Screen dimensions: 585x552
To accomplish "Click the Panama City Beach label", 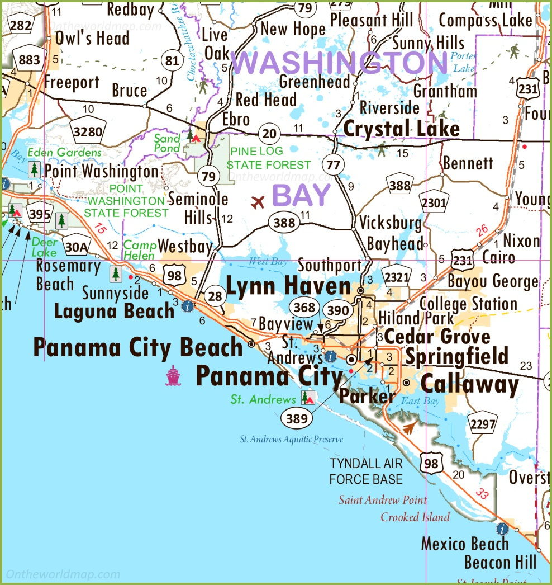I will (x=137, y=347).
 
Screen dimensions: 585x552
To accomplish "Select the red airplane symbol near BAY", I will (x=258, y=202).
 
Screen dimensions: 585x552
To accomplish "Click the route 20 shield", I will (x=269, y=133).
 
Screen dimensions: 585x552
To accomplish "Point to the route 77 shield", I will (x=334, y=164).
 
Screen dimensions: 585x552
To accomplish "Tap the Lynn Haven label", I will (x=288, y=286).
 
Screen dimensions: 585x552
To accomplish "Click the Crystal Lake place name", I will (x=401, y=129).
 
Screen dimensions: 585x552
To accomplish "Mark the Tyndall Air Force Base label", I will (x=366, y=471).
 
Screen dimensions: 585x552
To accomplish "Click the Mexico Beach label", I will (x=465, y=544).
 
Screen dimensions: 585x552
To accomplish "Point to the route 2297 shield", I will (x=483, y=425).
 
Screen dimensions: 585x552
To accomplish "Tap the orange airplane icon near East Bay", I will (x=410, y=428).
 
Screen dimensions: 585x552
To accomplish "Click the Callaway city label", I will (x=469, y=384).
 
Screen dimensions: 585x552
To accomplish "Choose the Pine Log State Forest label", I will (x=268, y=158).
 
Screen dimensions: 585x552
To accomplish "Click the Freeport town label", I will (x=72, y=83).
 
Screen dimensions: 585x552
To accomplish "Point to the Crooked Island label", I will (x=415, y=517).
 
